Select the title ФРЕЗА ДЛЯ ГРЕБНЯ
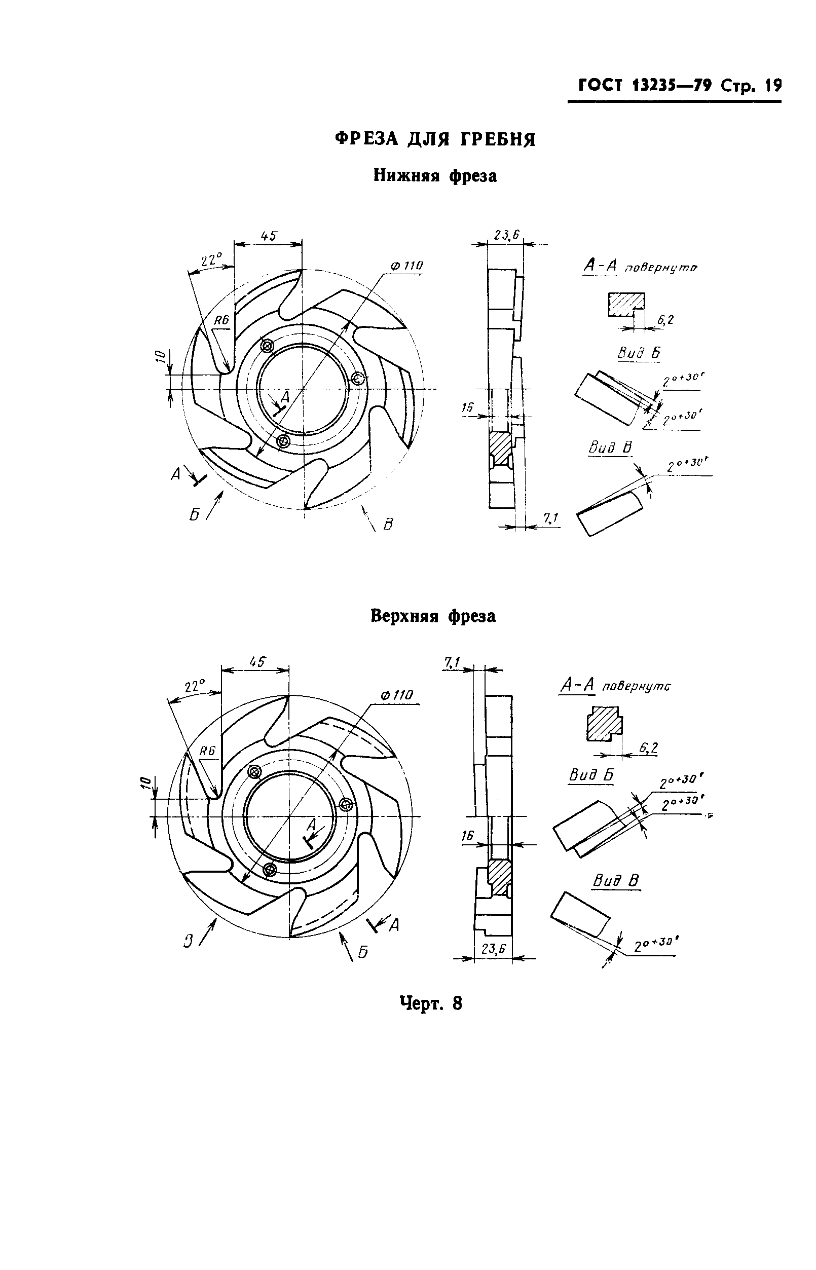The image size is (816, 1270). (x=435, y=139)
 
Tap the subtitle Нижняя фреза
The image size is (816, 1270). (x=435, y=175)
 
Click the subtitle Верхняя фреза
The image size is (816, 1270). (x=433, y=616)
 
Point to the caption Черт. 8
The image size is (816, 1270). (x=430, y=1003)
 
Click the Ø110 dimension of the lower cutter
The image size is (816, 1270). (x=406, y=266)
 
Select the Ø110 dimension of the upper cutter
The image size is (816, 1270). (x=396, y=695)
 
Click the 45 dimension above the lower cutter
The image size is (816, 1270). (x=269, y=235)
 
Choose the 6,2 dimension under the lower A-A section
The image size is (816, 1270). (x=665, y=320)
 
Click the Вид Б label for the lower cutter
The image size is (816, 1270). (x=639, y=353)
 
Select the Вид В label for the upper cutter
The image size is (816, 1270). (x=615, y=881)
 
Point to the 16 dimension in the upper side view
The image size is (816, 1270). (x=467, y=836)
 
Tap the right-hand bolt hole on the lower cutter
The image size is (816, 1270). (x=359, y=378)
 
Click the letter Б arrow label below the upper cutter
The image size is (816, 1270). (x=362, y=953)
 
